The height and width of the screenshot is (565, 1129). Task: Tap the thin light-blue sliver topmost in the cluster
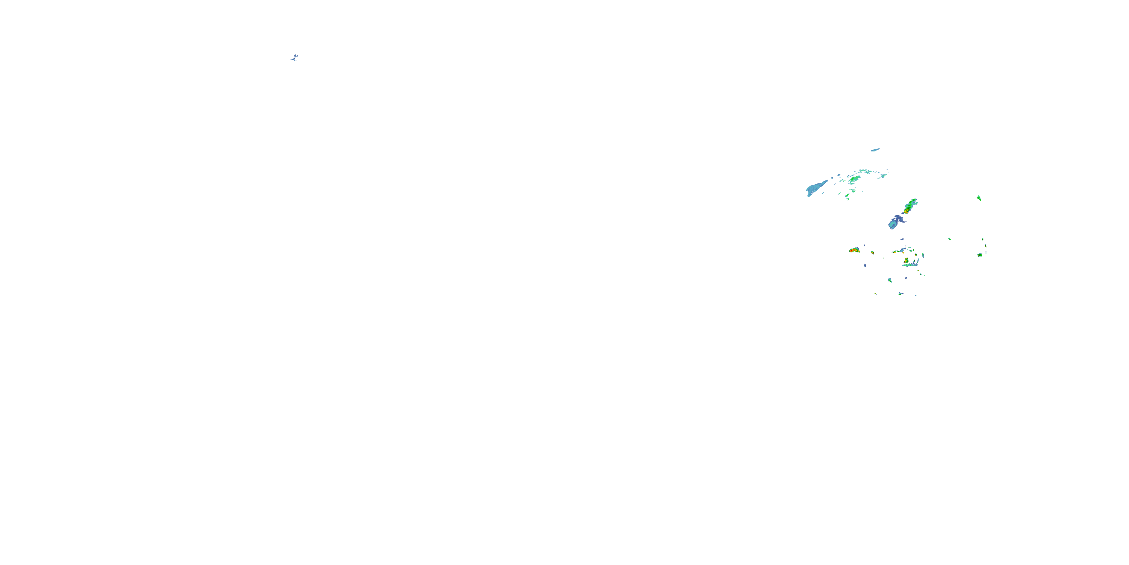[876, 150]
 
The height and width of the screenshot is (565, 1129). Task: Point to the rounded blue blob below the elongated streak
[894, 223]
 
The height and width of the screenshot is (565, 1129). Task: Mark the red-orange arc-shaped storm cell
[854, 250]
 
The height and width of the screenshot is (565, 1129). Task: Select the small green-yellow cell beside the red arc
[873, 253]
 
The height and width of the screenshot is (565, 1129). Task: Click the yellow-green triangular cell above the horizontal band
[906, 260]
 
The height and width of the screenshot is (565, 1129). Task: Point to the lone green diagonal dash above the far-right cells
[979, 197]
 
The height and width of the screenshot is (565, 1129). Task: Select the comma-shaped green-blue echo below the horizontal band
[890, 280]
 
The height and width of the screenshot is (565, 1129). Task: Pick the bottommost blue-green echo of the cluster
[900, 293]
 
